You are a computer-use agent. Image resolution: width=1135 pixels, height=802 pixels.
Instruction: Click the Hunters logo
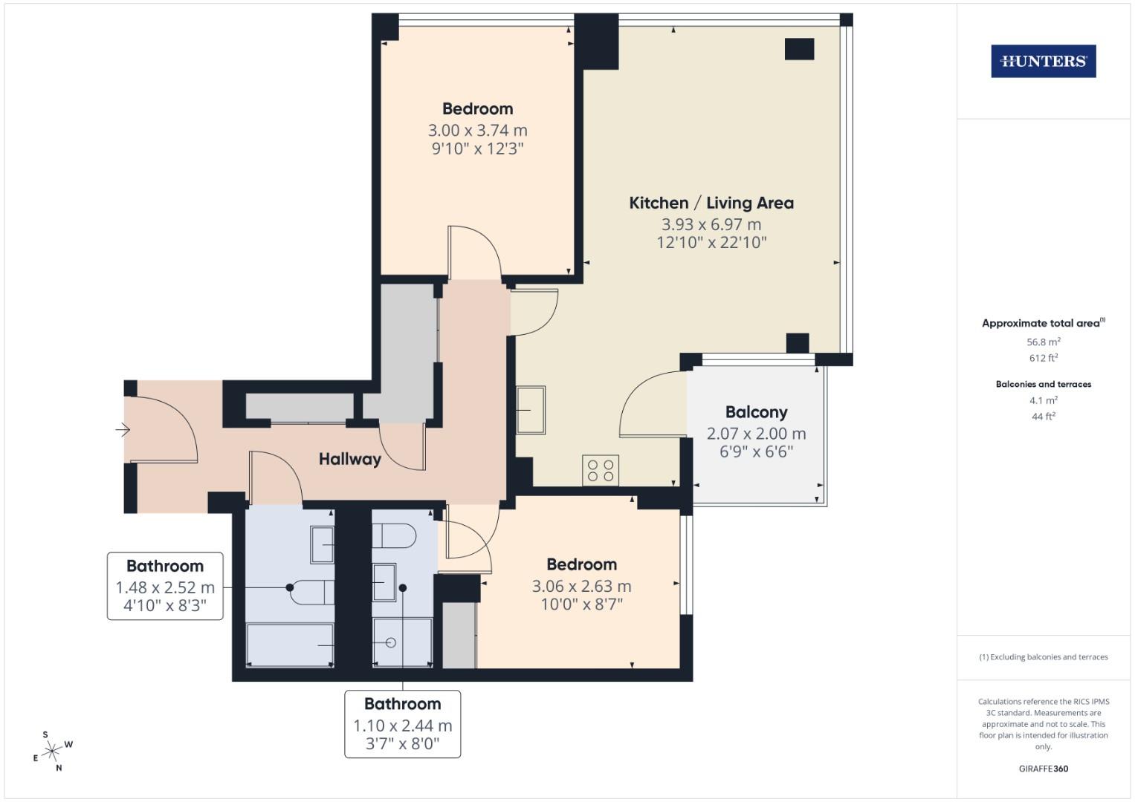(x=1043, y=62)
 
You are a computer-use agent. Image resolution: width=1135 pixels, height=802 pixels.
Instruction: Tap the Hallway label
(x=349, y=459)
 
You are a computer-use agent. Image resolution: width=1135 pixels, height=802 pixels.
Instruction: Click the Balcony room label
(x=756, y=412)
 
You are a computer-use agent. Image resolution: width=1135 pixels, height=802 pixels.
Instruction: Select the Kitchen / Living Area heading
(x=711, y=203)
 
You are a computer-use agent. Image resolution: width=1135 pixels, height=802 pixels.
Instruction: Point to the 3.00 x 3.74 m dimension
(x=477, y=130)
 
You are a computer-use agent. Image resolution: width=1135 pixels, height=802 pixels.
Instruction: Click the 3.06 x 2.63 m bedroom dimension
(x=581, y=586)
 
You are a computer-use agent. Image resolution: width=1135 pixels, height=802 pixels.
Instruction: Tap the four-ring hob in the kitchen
(x=601, y=470)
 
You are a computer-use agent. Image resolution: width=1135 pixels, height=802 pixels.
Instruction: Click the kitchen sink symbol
(x=531, y=410)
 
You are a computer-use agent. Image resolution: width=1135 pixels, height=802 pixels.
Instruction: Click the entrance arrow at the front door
(x=123, y=429)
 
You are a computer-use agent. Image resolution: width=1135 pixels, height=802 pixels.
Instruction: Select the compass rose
(x=52, y=752)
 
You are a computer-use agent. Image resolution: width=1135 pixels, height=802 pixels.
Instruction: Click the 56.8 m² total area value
(x=1043, y=342)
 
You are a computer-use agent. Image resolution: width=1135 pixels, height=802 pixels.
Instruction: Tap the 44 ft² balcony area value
(x=1043, y=417)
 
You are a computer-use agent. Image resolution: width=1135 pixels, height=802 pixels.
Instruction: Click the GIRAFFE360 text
(x=1043, y=769)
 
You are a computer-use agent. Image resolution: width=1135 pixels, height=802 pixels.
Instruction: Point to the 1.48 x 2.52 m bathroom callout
(x=165, y=587)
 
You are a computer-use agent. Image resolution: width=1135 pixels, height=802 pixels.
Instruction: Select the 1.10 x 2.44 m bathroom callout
(x=402, y=725)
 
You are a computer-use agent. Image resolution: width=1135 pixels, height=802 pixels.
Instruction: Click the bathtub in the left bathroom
(x=289, y=645)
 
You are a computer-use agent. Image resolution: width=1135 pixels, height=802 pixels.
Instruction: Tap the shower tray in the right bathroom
(x=401, y=642)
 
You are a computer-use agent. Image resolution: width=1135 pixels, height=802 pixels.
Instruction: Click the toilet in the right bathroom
(x=393, y=535)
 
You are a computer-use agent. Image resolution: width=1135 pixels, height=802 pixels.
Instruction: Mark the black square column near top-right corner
(x=799, y=49)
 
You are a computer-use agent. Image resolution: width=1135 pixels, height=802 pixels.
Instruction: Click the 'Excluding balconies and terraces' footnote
(x=1043, y=657)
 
